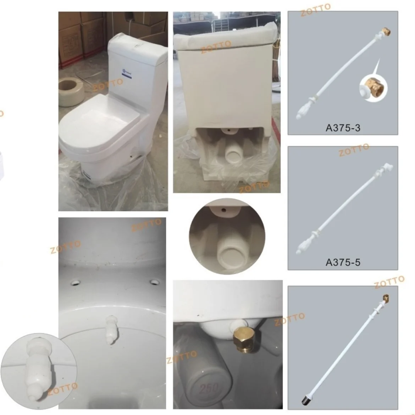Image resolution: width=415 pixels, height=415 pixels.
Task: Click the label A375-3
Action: pos(343,128)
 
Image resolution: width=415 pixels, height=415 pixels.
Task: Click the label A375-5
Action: pos(343,262)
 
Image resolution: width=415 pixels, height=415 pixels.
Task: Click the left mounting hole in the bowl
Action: pos(76,283)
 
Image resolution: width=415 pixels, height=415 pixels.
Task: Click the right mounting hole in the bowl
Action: pos(154,282)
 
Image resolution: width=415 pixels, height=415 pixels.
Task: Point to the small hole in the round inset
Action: pos(224,210)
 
